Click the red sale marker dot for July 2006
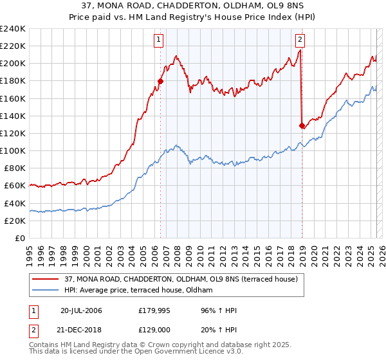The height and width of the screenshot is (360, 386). click(x=160, y=81)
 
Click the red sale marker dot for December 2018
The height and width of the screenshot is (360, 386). click(x=302, y=125)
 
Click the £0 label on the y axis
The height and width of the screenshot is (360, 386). click(x=21, y=238)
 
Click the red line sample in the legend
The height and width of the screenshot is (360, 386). click(x=44, y=280)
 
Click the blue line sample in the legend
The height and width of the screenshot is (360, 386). click(x=44, y=291)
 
